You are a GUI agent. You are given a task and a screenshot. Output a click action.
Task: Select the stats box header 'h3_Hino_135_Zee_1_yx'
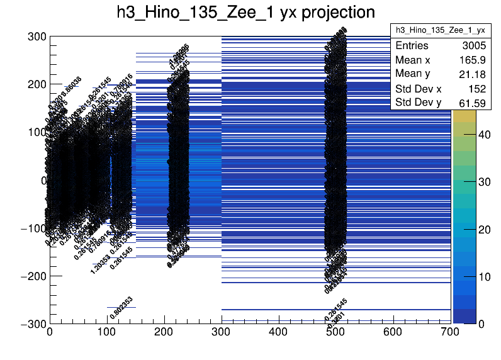coord(440,30)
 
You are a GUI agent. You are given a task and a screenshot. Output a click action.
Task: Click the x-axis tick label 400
coord(278,332)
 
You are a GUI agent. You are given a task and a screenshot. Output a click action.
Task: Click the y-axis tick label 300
coord(36,37)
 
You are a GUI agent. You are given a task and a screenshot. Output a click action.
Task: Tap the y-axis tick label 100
coord(36,132)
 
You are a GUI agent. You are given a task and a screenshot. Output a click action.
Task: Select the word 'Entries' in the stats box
coord(412,46)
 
